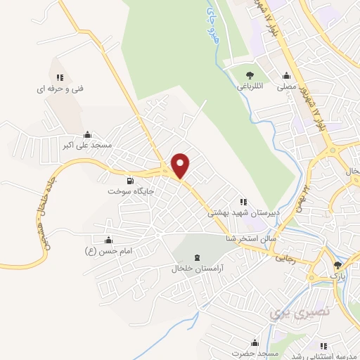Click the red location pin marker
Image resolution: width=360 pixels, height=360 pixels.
(x=181, y=165)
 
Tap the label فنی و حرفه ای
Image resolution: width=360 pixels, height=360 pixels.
(x=60, y=89)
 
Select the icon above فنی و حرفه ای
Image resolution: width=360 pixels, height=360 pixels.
(x=60, y=77)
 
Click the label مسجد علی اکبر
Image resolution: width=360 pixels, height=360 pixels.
(x=86, y=145)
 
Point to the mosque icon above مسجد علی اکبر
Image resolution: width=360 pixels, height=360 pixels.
(x=86, y=134)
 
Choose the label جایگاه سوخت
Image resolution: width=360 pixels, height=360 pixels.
(x=131, y=191)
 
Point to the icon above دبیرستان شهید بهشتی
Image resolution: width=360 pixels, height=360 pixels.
(x=244, y=201)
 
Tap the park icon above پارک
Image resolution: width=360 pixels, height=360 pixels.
(x=338, y=264)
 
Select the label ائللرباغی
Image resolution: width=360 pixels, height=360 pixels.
(x=250, y=88)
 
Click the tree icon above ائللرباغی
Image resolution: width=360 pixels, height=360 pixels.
(x=250, y=75)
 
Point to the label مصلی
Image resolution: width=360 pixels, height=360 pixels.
(x=286, y=88)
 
